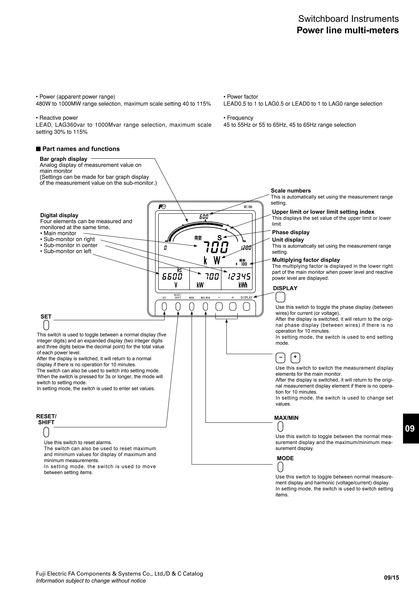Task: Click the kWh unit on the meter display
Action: pos(243,285)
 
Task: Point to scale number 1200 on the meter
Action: pos(246,248)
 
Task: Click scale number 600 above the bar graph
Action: pos(204,217)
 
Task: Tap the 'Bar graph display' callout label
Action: pos(63,159)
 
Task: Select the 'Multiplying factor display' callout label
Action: pos(306,260)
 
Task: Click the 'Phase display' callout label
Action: pos(291,232)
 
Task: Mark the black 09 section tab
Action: pos(410,428)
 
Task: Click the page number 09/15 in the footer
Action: pos(391,577)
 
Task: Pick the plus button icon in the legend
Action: pos(295,358)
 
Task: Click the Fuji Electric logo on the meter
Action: pos(162,207)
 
